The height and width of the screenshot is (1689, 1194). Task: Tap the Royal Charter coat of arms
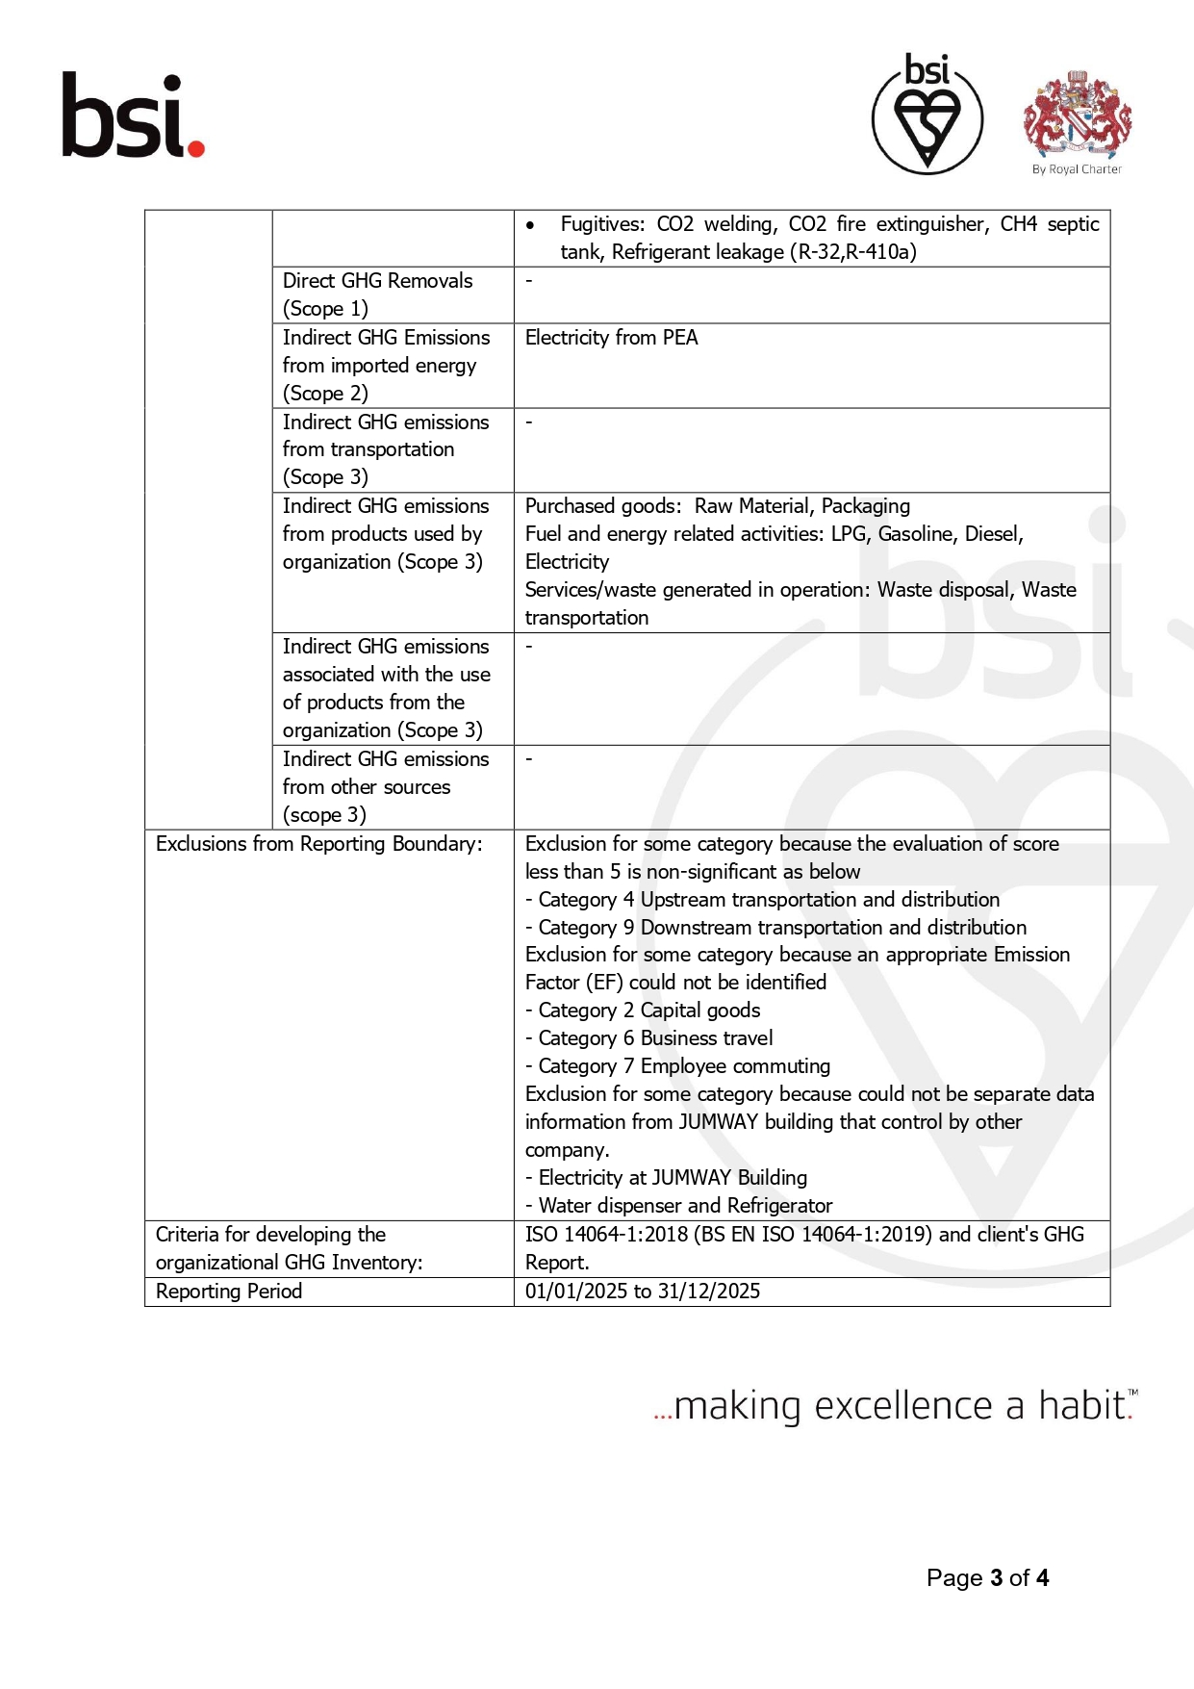[1077, 114]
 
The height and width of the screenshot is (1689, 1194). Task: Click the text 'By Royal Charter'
[1077, 169]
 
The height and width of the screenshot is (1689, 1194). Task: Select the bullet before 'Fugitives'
[530, 225]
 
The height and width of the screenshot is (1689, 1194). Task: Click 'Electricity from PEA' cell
[612, 338]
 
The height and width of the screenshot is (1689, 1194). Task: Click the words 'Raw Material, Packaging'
[801, 506]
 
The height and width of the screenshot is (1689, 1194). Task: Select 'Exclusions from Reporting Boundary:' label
[319, 844]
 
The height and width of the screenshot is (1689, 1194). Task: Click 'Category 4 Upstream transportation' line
[768, 900]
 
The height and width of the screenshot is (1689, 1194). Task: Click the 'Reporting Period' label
[229, 1292]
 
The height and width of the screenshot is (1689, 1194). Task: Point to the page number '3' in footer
[996, 1578]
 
